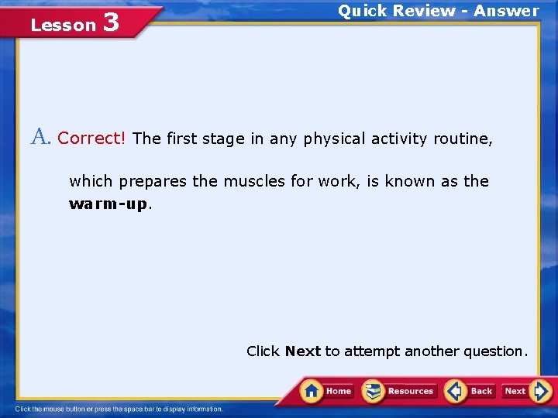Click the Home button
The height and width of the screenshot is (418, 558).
click(x=328, y=391)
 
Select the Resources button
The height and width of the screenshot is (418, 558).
click(x=400, y=391)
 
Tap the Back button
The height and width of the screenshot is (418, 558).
click(x=470, y=391)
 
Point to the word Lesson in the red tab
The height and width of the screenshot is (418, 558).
click(x=63, y=26)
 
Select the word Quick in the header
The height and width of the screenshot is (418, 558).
click(x=362, y=11)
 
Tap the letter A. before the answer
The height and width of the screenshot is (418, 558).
click(x=40, y=138)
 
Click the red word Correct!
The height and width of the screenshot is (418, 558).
click(x=91, y=139)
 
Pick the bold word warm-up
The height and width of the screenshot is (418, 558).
click(x=108, y=204)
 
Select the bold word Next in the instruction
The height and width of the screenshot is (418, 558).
click(x=302, y=351)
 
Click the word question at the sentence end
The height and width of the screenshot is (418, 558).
click(x=495, y=351)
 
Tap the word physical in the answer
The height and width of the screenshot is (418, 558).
click(x=334, y=139)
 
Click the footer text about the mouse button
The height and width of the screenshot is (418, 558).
click(x=119, y=409)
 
